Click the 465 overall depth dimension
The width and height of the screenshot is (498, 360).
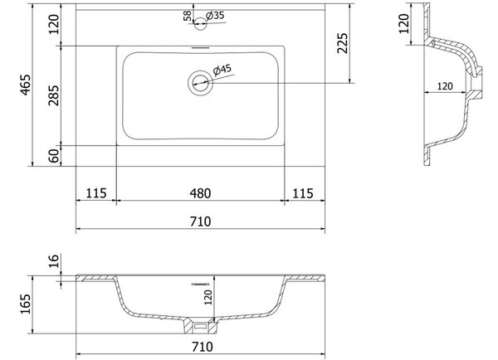(26, 85)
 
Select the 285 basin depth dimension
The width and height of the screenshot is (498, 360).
(53, 95)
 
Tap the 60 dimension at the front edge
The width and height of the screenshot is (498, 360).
(54, 156)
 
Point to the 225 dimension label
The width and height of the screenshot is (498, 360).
(342, 43)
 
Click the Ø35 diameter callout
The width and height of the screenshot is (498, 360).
(215, 15)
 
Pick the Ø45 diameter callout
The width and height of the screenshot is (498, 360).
(222, 70)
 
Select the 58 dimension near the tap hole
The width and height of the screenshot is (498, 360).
(188, 16)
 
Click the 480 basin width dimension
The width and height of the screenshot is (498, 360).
(200, 193)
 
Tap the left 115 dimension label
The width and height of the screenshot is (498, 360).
(96, 193)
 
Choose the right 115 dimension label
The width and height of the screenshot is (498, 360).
(303, 193)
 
